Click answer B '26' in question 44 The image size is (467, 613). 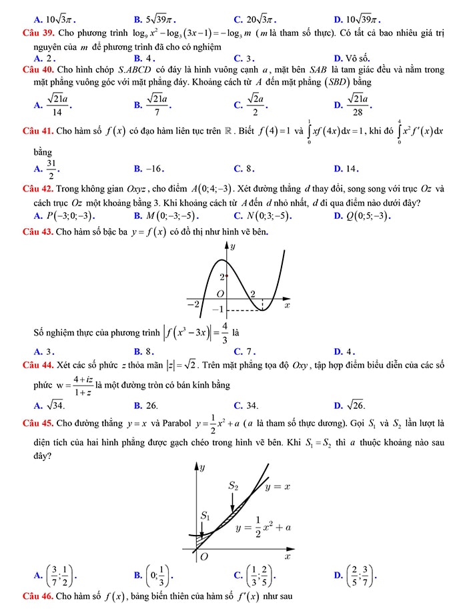pyautogui.click(x=146, y=404)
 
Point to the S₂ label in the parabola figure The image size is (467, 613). pyautogui.click(x=233, y=486)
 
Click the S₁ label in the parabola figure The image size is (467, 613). pyautogui.click(x=205, y=516)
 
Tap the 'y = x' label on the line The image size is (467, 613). pyautogui.click(x=278, y=487)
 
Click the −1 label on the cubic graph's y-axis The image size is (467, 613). pyautogui.click(x=217, y=310)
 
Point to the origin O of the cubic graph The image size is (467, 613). pyautogui.click(x=220, y=294)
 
